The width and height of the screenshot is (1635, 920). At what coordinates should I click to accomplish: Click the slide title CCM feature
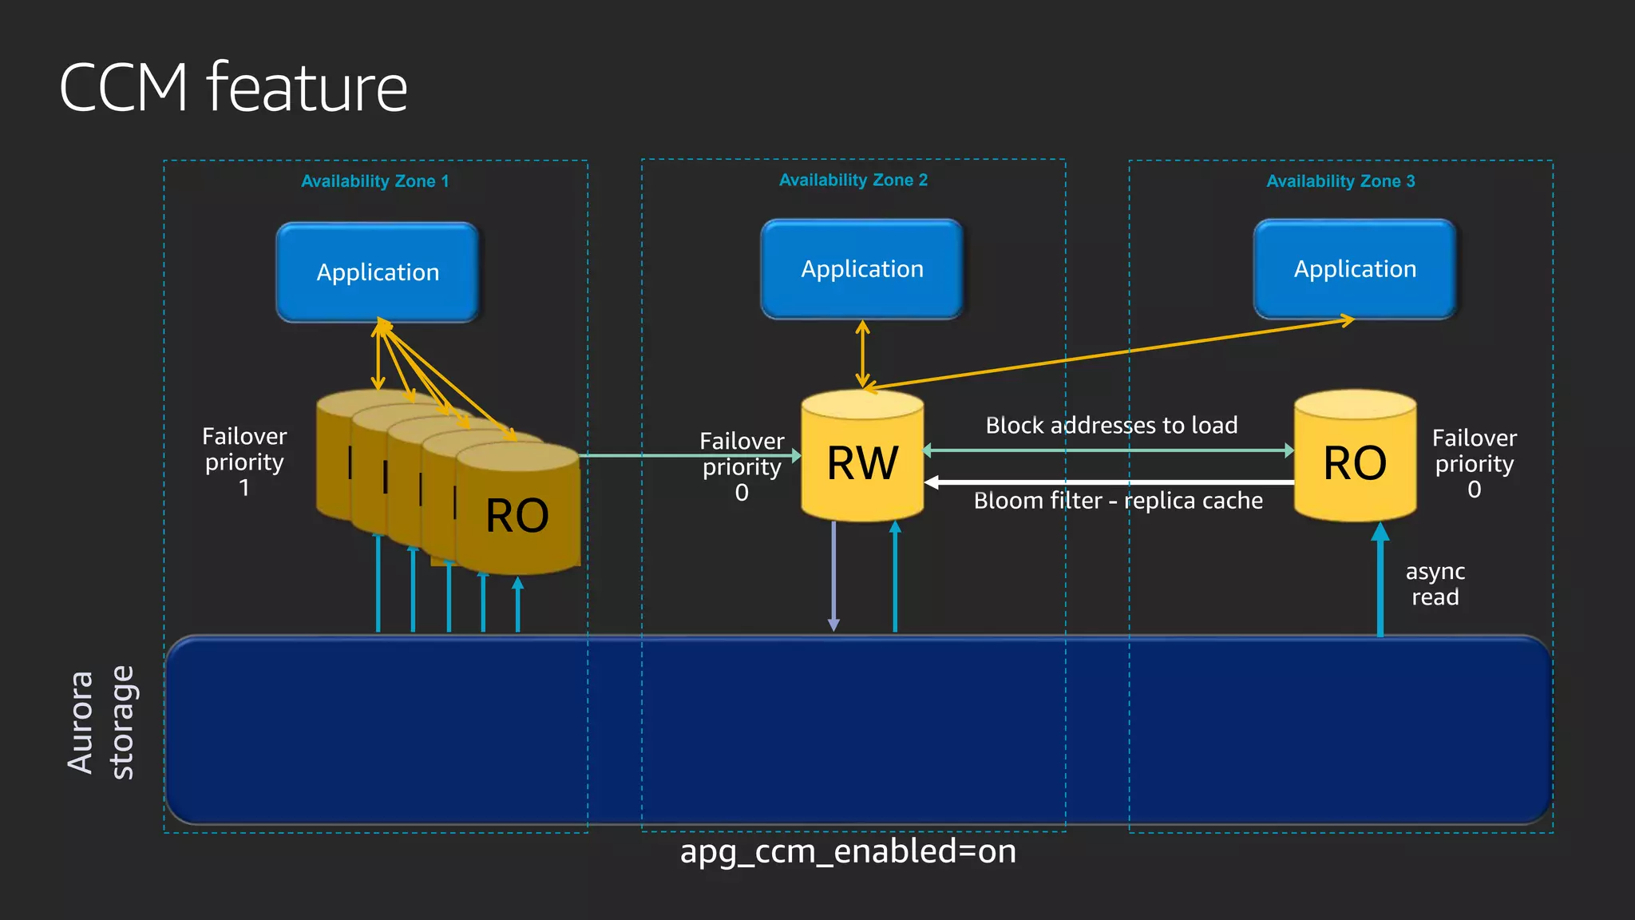click(x=233, y=87)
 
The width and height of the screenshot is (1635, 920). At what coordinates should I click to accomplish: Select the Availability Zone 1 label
click(x=374, y=181)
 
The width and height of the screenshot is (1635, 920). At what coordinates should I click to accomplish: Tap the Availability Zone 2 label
click(x=853, y=180)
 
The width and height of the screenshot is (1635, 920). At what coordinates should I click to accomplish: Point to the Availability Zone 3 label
click(x=1340, y=181)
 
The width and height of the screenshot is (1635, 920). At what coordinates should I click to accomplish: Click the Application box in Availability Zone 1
click(x=378, y=272)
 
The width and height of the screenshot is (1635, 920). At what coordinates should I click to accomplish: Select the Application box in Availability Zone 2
click(x=862, y=269)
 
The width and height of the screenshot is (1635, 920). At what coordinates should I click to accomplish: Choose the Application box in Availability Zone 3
click(x=1355, y=269)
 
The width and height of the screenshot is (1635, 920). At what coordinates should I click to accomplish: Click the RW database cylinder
click(x=862, y=459)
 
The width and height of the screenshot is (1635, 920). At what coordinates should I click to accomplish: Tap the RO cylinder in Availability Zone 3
click(x=1355, y=459)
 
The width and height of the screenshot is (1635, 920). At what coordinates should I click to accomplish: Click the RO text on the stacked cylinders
click(x=517, y=515)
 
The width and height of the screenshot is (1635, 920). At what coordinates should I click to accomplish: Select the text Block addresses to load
click(x=1111, y=425)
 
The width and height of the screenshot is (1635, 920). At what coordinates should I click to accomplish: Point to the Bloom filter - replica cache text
click(x=1118, y=501)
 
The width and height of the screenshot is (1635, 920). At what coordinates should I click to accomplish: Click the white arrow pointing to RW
click(x=1110, y=482)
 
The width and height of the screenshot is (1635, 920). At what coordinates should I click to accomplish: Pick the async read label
click(x=1435, y=584)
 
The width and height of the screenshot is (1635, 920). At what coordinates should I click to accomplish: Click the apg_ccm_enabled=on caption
click(x=848, y=851)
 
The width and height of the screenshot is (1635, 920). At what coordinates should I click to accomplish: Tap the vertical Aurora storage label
click(x=101, y=722)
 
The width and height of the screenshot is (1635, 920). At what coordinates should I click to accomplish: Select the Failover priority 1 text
click(x=244, y=462)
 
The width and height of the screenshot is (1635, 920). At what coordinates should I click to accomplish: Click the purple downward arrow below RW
click(x=833, y=575)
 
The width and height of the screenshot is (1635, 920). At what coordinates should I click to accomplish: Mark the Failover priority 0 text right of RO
click(x=1474, y=463)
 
